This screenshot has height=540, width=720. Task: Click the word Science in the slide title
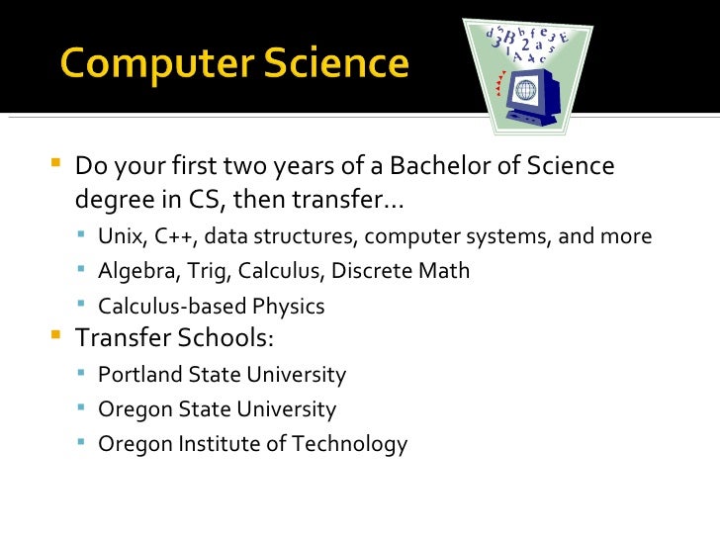click(333, 64)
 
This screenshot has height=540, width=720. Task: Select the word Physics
click(289, 307)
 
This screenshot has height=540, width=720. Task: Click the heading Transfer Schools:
click(175, 338)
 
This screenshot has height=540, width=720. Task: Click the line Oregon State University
click(218, 409)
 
